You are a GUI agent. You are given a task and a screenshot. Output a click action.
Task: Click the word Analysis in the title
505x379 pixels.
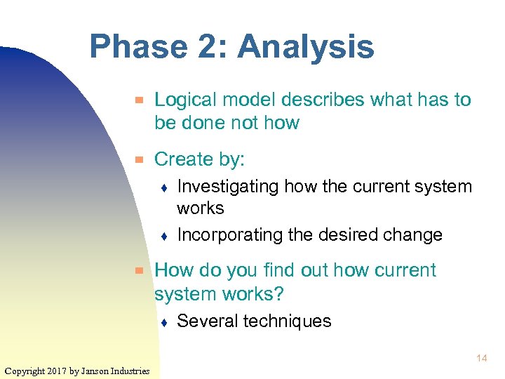(x=306, y=48)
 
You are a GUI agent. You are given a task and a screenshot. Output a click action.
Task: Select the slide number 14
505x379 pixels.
(x=481, y=359)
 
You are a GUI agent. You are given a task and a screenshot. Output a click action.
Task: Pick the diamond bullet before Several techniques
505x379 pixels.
(x=163, y=323)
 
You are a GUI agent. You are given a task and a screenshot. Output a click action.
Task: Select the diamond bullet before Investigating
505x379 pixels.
(x=163, y=188)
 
